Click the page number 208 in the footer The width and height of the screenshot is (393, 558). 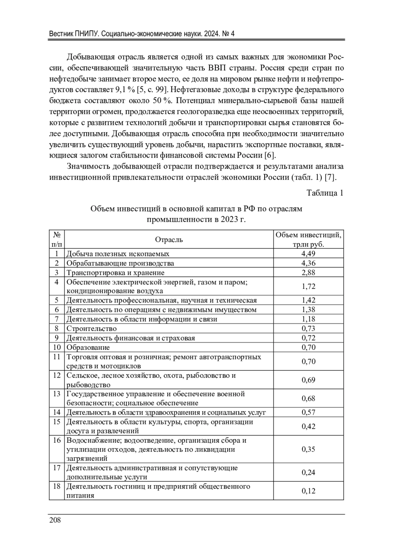[55, 520]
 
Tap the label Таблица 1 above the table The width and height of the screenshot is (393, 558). [325, 193]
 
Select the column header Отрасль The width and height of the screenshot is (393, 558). [169, 240]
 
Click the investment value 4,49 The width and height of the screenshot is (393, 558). [308, 254]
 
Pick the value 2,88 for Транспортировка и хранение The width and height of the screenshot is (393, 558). [308, 273]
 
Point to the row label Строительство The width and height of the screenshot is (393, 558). [92, 329]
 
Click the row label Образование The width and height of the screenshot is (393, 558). [88, 347]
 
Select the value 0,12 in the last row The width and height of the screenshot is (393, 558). [308, 491]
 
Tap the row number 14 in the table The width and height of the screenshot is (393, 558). [57, 412]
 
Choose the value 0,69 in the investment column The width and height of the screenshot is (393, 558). [308, 380]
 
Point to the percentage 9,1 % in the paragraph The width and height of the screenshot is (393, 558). [125, 90]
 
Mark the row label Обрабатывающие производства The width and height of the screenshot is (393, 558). [120, 263]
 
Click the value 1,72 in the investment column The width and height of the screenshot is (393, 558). [308, 287]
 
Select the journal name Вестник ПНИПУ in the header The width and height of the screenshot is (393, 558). [72, 34]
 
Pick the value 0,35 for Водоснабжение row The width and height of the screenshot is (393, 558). [308, 449]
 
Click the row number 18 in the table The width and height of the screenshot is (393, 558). [57, 486]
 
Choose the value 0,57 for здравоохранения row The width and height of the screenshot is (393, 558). [308, 412]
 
